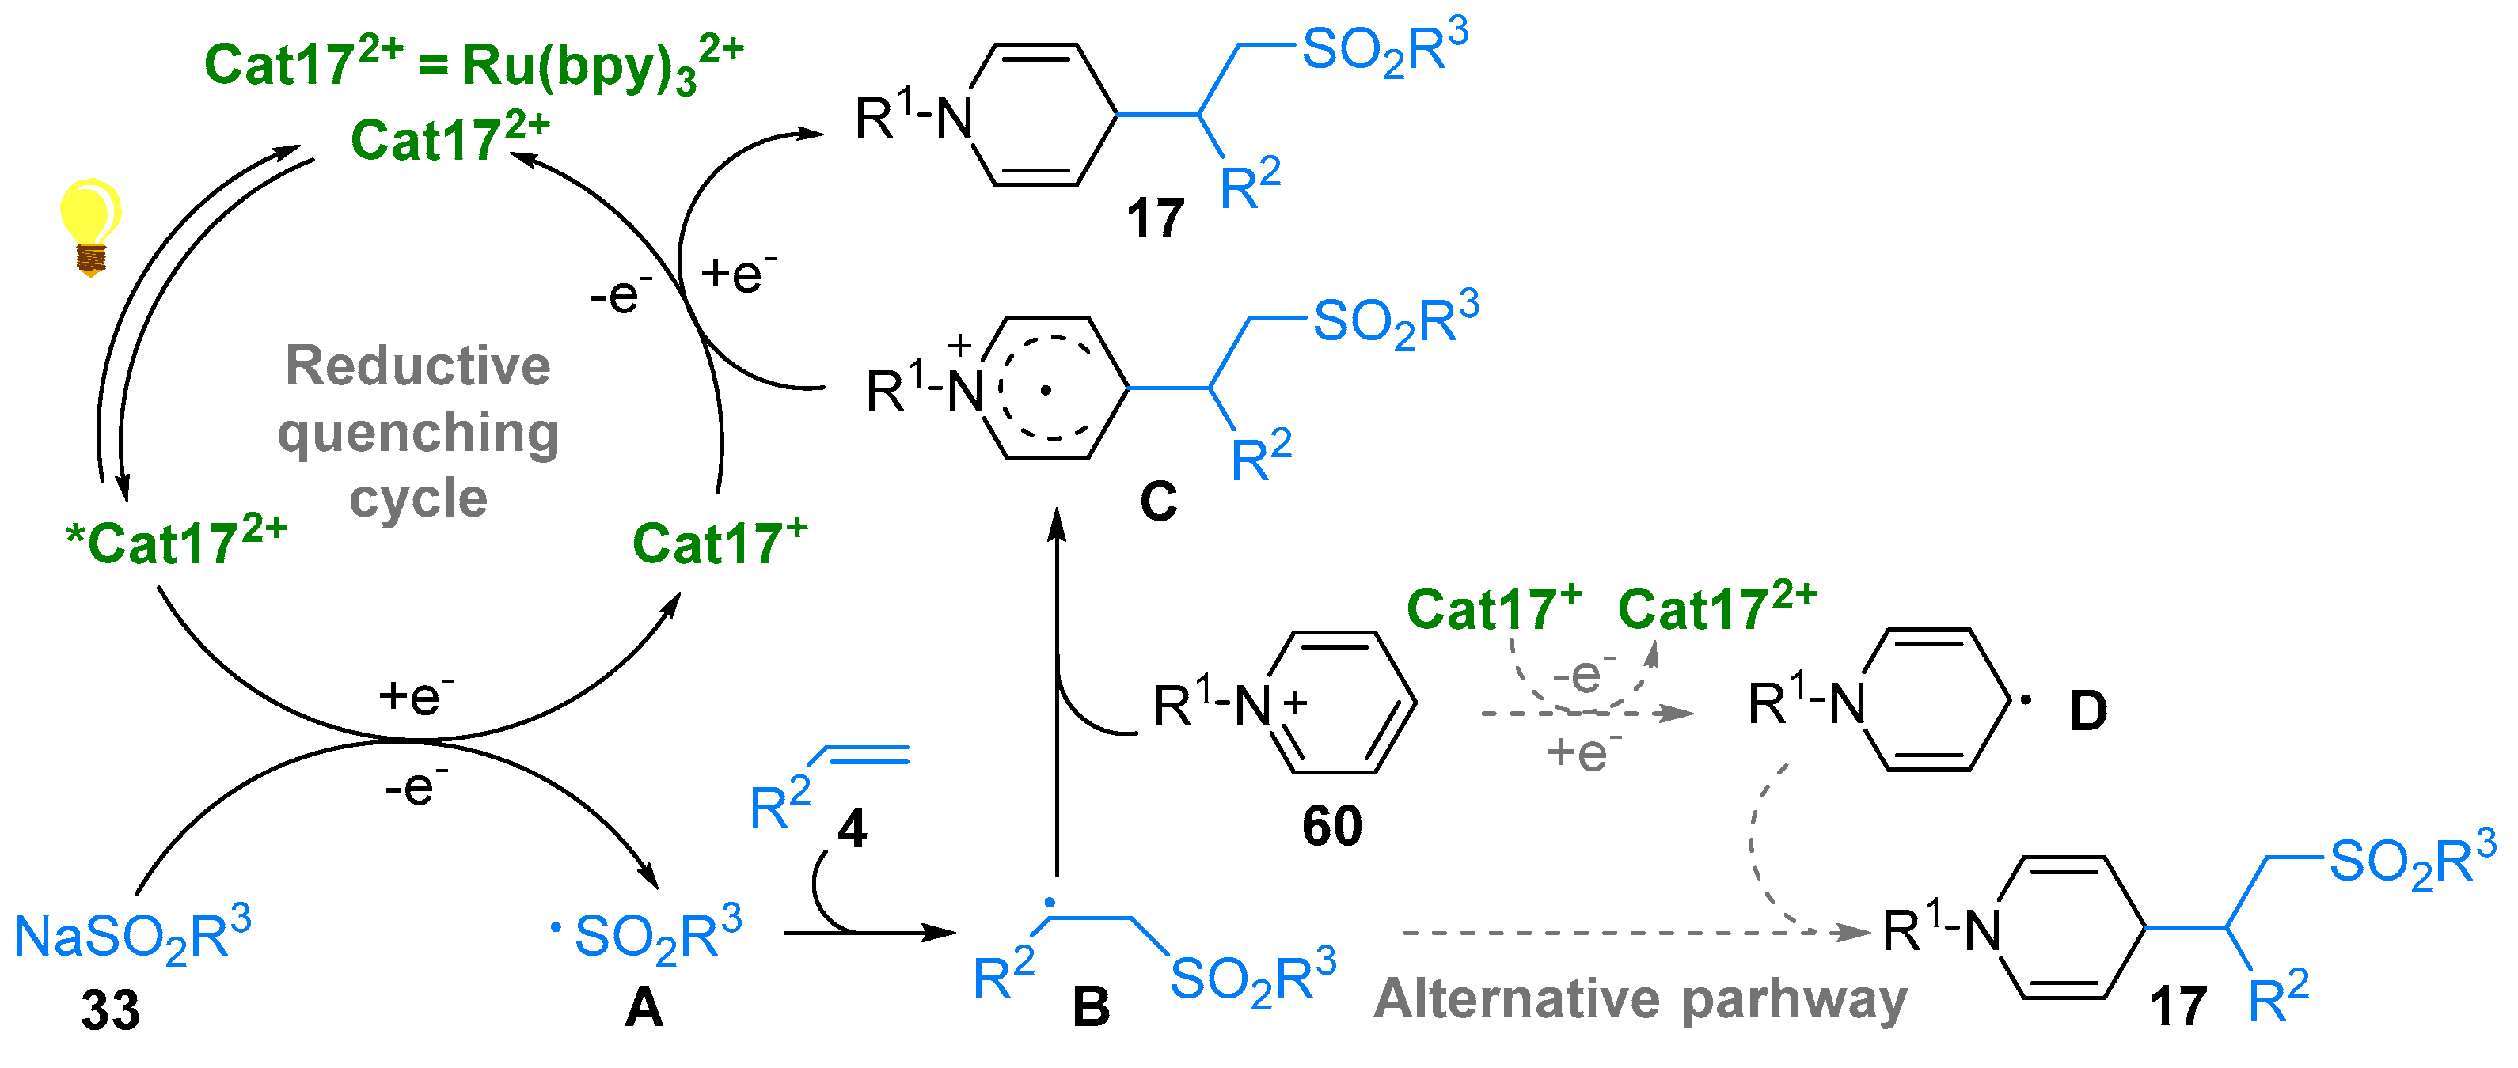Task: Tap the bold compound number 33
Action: click(x=111, y=1010)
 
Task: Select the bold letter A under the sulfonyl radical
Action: click(x=644, y=1006)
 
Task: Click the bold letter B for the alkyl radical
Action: click(x=1091, y=1006)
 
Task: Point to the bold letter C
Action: click(x=1158, y=502)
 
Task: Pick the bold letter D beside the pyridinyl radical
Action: click(x=2088, y=711)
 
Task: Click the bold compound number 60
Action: click(x=1331, y=827)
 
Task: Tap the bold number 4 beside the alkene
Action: click(x=853, y=830)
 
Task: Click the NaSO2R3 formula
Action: click(x=132, y=936)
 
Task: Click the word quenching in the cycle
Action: click(x=419, y=433)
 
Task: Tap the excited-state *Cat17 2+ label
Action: click(x=176, y=541)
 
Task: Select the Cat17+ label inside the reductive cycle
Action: click(x=720, y=542)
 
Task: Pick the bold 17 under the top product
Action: click(x=1156, y=218)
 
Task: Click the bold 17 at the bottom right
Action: click(x=2177, y=1006)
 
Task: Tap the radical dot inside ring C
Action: click(x=1046, y=391)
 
